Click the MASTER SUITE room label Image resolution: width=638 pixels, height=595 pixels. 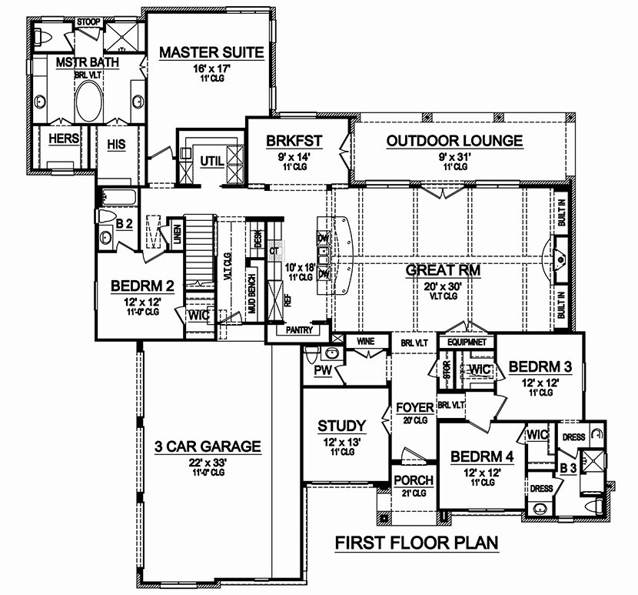point(211,53)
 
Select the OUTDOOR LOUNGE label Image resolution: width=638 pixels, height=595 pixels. point(454,141)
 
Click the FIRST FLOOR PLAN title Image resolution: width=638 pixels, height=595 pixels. point(417,543)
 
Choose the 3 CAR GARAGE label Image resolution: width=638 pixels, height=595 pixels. point(208,446)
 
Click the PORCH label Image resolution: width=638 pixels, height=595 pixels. point(414,480)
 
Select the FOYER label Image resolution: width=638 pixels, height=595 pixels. point(415,407)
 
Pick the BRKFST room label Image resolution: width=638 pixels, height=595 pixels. point(294,141)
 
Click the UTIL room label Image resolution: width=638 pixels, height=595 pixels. point(211,160)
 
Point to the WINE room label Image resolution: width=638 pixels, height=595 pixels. point(365,339)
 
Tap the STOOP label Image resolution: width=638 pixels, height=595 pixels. point(86,23)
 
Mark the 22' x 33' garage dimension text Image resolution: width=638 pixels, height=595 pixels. point(208,462)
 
